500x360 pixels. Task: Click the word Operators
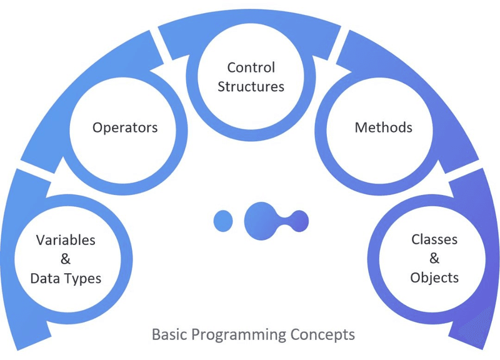pyautogui.click(x=125, y=127)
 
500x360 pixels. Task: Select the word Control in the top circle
pyautogui.click(x=251, y=67)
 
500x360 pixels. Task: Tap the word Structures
pyautogui.click(x=251, y=86)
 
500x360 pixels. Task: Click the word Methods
pyautogui.click(x=383, y=127)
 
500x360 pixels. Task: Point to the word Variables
pyautogui.click(x=66, y=240)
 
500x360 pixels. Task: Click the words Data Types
pyautogui.click(x=66, y=278)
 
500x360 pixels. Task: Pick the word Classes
pyautogui.click(x=434, y=239)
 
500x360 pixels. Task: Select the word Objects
pyautogui.click(x=434, y=277)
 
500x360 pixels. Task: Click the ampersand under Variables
pyautogui.click(x=66, y=259)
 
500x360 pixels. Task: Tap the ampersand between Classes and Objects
pyautogui.click(x=434, y=259)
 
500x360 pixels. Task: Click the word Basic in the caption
pyautogui.click(x=169, y=334)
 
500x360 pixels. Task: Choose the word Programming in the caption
pyautogui.click(x=238, y=335)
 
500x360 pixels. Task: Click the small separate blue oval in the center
pyautogui.click(x=223, y=219)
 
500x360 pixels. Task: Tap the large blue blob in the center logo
pyautogui.click(x=261, y=219)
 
